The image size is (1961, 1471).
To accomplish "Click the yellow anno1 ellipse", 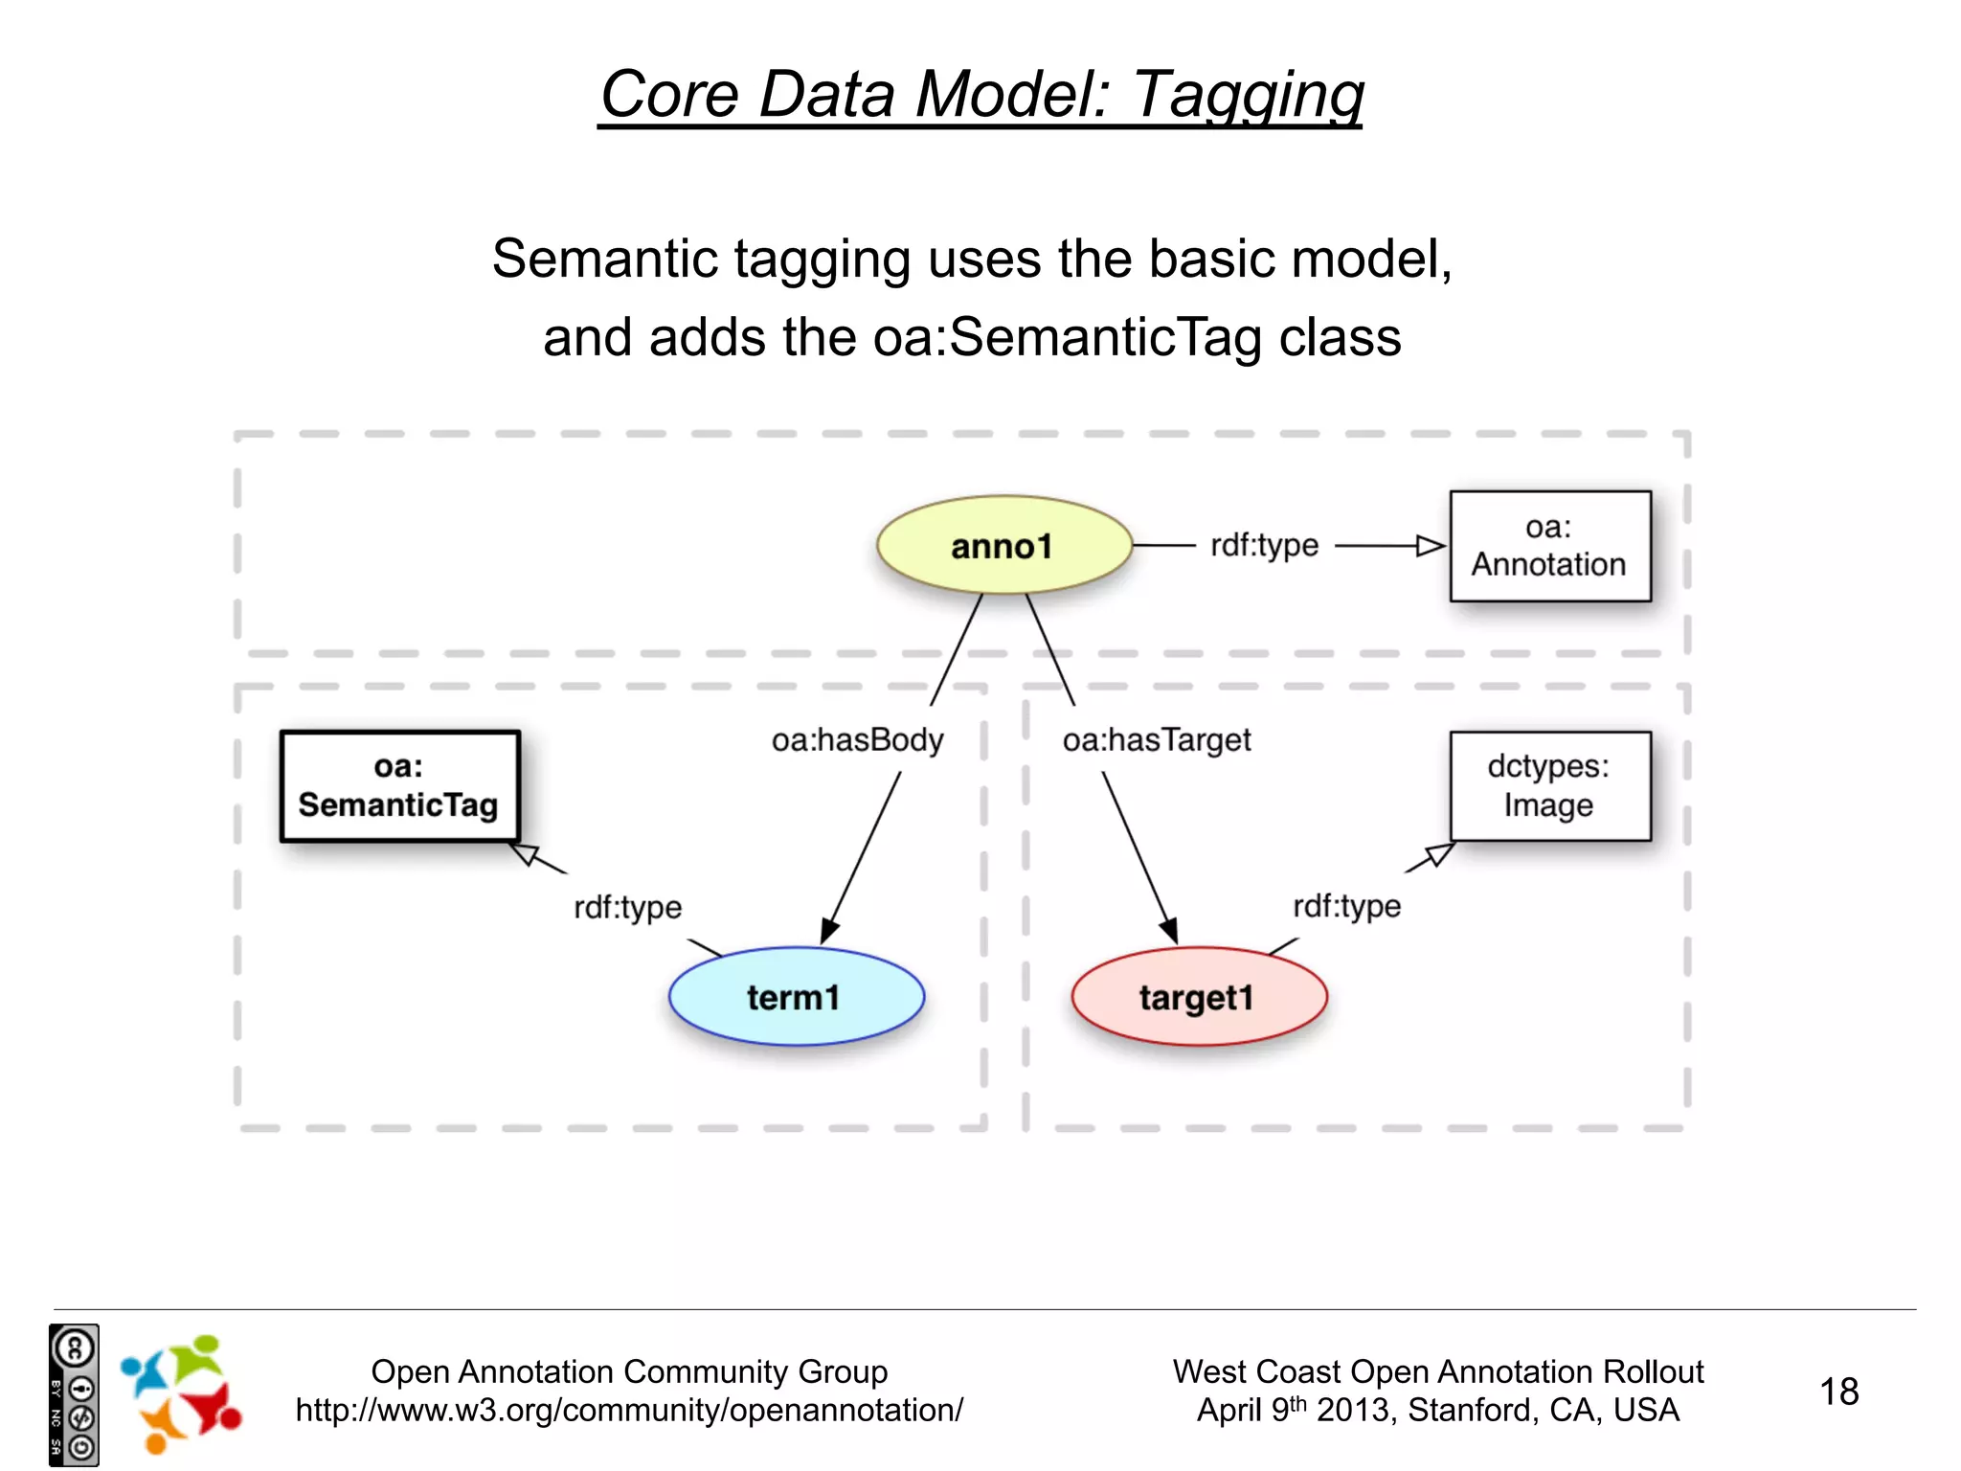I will coord(1003,545).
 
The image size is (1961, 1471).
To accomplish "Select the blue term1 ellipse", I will coord(796,996).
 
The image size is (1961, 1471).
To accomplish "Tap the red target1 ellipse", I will coord(1199,996).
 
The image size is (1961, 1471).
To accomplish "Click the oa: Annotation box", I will coord(1549,546).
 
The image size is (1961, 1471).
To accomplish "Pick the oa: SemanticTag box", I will coord(399,786).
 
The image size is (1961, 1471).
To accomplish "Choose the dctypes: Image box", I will coord(1549,786).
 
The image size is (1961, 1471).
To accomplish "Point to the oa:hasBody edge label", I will coord(857,740).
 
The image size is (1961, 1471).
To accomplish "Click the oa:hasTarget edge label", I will coord(1157,740).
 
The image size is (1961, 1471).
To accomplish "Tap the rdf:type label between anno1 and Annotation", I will coord(1264,546).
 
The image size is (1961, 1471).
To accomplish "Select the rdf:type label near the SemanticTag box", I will coord(627,907).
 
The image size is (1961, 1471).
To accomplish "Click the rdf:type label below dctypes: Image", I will coord(1346,906).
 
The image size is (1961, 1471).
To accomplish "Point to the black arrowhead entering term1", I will coord(829,931).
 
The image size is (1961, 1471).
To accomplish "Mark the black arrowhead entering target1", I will coord(1168,930).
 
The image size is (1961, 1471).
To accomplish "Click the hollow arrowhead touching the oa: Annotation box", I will coord(1431,546).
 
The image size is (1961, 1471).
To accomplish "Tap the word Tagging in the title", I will coord(1249,95).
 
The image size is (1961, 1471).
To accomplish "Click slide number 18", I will coord(1838,1392).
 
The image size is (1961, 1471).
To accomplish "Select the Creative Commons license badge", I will coord(74,1394).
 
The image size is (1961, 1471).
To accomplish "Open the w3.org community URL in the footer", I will coord(629,1411).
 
